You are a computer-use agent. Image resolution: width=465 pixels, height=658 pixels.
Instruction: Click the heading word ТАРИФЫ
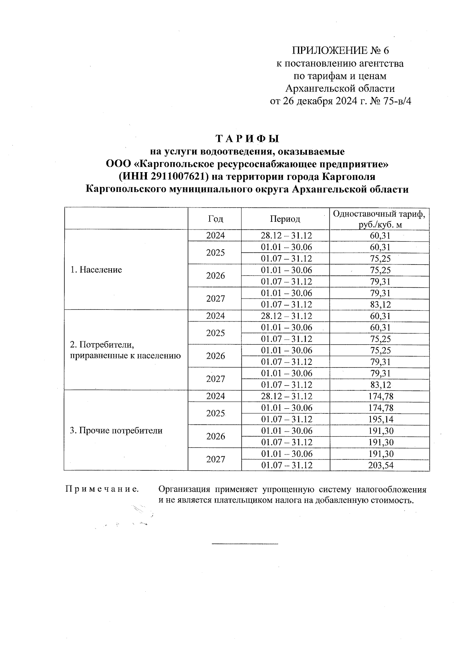[247, 139]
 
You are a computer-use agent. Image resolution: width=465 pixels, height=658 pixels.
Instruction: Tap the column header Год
[215, 219]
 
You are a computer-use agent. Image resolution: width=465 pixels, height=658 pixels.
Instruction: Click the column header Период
[285, 219]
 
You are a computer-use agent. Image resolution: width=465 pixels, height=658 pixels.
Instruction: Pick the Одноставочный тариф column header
[379, 219]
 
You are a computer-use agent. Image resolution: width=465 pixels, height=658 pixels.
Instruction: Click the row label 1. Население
[96, 270]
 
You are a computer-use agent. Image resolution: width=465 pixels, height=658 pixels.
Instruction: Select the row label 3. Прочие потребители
[116, 431]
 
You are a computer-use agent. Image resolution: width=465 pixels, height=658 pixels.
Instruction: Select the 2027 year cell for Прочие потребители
[215, 459]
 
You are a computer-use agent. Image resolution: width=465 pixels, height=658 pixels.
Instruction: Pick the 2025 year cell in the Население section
[215, 253]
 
